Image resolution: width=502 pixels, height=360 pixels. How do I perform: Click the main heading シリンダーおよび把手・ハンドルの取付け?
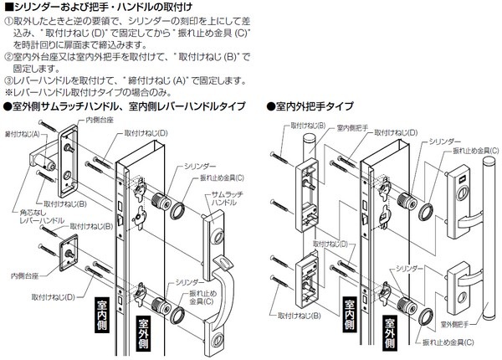click(110, 8)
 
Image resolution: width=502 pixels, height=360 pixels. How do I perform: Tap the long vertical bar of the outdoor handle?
click(480, 193)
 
